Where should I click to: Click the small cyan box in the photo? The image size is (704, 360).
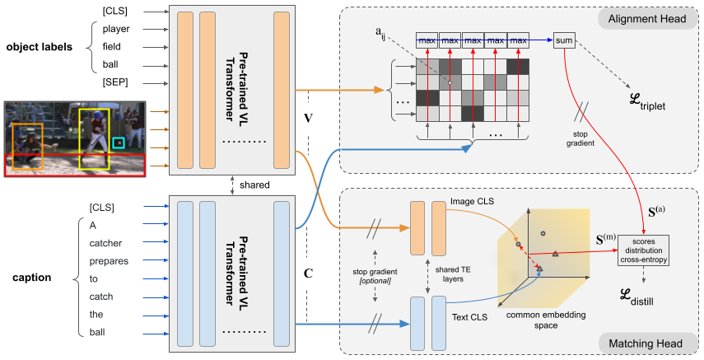(x=119, y=143)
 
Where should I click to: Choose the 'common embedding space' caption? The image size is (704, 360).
(x=540, y=320)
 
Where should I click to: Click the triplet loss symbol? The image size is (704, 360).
(x=640, y=104)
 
